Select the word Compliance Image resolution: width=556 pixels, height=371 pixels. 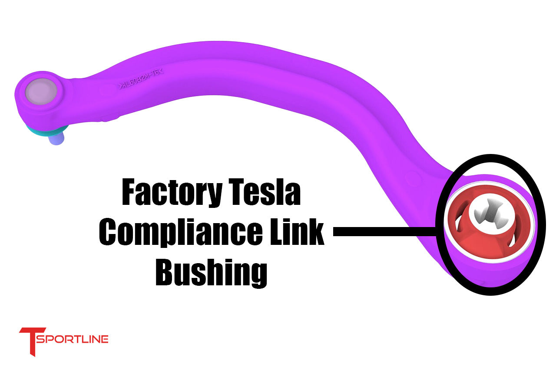pos(180,232)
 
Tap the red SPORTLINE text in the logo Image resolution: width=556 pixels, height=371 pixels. pos(72,339)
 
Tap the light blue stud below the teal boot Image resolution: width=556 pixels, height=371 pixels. pos(56,139)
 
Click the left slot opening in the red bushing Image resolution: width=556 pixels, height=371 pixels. pos(456,226)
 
